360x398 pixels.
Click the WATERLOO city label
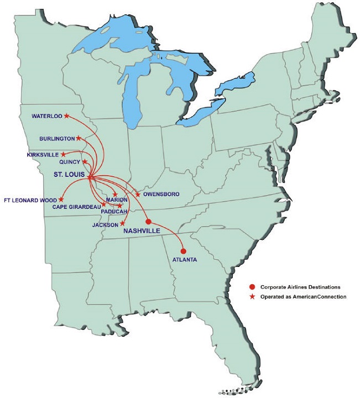46,116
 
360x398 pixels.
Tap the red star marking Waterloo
66,116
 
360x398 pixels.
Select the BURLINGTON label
56,138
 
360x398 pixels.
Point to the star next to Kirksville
63,154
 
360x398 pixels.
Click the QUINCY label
70,162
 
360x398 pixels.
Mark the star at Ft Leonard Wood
61,199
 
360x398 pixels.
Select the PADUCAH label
115,212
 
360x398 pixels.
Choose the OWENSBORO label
160,195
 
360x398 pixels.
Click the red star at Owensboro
137,195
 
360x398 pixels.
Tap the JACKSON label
105,225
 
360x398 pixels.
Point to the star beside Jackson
122,223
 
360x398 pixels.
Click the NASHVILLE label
142,231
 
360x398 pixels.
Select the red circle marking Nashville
148,221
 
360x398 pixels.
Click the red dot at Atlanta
183,251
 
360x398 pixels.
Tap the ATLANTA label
184,260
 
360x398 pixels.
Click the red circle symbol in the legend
252,287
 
